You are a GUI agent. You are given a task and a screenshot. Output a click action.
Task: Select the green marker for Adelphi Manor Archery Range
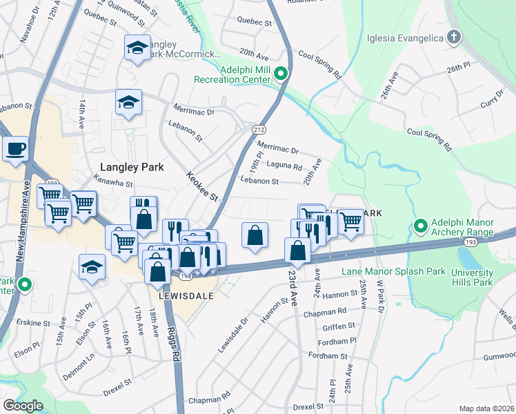[420, 226]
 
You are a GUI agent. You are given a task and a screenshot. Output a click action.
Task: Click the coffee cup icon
[15, 148]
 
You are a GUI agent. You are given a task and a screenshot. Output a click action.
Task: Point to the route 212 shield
[258, 129]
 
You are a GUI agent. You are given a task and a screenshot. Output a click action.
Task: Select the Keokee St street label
[202, 187]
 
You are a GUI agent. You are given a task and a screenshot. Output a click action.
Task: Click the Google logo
[23, 406]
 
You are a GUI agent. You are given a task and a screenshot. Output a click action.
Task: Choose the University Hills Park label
[473, 277]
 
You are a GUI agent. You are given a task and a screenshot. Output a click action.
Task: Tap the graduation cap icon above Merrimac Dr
[128, 103]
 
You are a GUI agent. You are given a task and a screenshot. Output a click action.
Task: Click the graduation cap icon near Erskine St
[92, 266]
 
